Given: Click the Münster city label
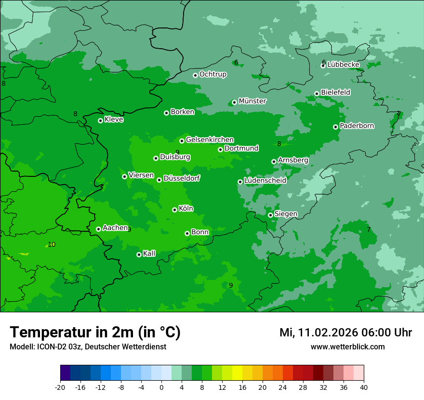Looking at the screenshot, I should (252, 101).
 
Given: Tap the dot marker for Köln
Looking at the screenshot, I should (174, 210).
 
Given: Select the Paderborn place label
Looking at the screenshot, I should (357, 126).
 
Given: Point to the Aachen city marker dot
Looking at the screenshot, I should (98, 229).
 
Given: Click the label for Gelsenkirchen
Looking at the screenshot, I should (210, 140).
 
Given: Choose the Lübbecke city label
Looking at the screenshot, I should (343, 65).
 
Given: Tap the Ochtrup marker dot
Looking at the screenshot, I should (195, 75).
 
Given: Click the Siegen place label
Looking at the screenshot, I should (286, 214).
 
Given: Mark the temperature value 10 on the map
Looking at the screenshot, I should (52, 244).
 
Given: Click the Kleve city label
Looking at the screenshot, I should (114, 120).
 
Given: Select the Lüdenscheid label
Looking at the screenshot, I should (265, 181).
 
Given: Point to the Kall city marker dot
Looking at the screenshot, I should (139, 254).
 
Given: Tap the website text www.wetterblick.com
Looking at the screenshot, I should (347, 347).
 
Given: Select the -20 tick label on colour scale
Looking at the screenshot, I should (60, 387).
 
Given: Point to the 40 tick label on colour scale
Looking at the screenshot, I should (364, 387).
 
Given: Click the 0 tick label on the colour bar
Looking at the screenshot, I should (161, 387).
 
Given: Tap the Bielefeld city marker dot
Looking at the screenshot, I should (317, 93).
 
